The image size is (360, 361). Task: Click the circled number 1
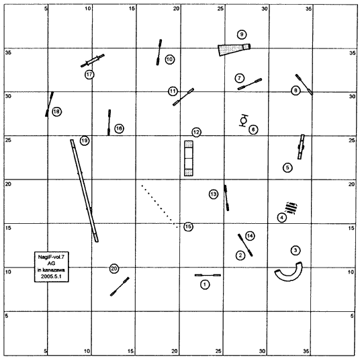(x=205, y=284)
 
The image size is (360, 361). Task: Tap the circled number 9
(x=242, y=34)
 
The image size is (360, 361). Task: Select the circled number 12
(x=196, y=132)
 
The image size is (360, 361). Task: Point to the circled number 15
(x=188, y=227)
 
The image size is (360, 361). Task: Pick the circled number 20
(x=114, y=268)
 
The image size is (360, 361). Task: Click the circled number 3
(x=296, y=250)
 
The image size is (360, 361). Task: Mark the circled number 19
(x=85, y=141)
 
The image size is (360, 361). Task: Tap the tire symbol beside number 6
(x=243, y=120)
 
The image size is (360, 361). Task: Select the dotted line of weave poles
(x=159, y=206)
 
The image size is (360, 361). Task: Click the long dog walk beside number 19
(x=85, y=191)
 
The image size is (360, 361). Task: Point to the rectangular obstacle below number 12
(x=189, y=158)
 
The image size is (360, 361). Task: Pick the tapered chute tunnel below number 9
(x=234, y=49)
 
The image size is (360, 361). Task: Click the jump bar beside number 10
(x=159, y=52)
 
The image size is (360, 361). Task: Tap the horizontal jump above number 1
(x=208, y=275)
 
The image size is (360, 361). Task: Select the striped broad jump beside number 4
(x=291, y=208)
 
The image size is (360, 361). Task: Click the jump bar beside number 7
(x=250, y=84)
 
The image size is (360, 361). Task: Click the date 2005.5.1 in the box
(x=51, y=276)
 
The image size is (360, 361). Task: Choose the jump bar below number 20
(x=120, y=286)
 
